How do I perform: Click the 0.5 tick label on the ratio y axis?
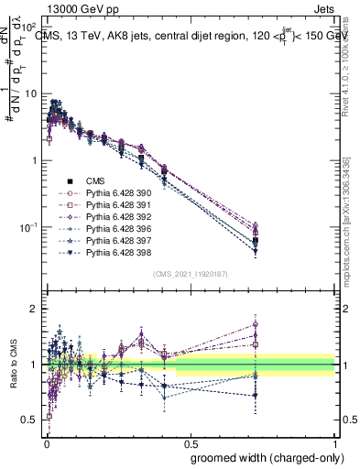coord(30,420)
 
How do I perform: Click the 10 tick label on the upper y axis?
coord(29,94)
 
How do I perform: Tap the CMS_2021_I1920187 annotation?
coord(190,275)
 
